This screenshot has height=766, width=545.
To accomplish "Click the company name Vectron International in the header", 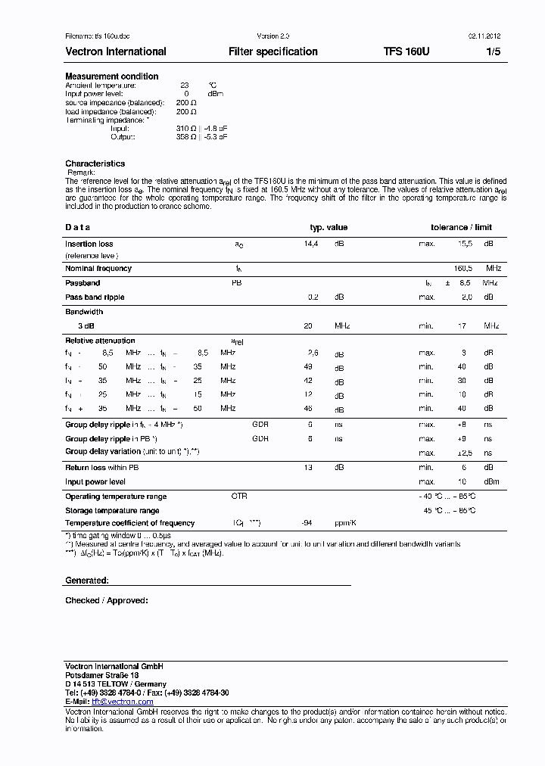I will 116,51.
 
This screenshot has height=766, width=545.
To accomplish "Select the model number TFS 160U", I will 406,51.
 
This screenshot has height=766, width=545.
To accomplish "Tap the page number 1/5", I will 493,51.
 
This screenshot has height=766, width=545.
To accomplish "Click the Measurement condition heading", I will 112,76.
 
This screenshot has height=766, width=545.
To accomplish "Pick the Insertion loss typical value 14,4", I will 311,244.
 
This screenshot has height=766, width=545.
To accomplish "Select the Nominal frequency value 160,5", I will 463,268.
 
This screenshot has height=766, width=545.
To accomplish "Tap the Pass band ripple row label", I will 95,297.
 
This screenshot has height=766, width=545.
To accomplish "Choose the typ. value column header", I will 329,227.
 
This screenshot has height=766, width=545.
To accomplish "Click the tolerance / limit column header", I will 461,227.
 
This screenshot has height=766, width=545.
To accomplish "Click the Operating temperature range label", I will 116,497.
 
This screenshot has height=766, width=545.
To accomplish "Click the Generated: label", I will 87,580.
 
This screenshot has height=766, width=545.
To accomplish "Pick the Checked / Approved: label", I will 107,600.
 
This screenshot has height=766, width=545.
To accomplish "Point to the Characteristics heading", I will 95,163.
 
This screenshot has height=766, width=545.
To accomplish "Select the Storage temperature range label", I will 112,511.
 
